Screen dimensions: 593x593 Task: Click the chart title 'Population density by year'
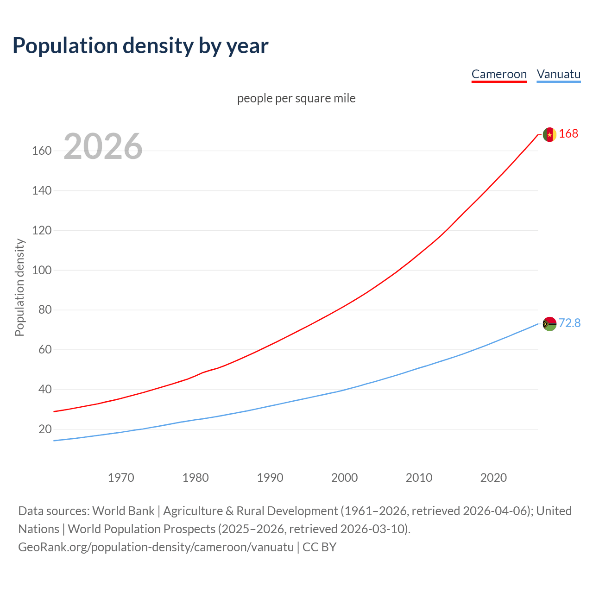pos(140,46)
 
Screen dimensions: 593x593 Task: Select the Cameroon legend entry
pos(499,74)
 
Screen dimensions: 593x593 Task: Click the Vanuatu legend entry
pos(558,74)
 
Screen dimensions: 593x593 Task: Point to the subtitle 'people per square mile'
pos(296,99)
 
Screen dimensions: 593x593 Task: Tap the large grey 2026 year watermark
pos(103,146)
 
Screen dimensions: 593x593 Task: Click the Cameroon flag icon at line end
pos(549,134)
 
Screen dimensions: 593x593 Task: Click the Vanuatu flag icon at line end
pos(549,323)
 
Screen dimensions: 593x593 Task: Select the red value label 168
pos(568,134)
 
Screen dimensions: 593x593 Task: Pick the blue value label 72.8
pos(569,323)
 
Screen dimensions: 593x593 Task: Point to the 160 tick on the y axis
pos(42,151)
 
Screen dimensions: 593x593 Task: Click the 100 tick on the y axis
pos(42,270)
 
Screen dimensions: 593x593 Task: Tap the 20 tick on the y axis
pos(45,429)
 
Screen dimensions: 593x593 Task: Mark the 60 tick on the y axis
pos(45,350)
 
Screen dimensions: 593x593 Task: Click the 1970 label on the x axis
pos(121,478)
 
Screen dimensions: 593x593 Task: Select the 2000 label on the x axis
pos(344,478)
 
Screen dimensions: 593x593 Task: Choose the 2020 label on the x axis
pos(493,478)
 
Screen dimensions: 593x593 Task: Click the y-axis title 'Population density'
pos(19,287)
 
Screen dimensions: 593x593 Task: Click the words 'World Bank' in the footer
pos(123,511)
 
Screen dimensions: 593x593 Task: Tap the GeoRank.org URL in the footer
pos(156,547)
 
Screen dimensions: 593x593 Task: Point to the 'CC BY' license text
pos(319,547)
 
